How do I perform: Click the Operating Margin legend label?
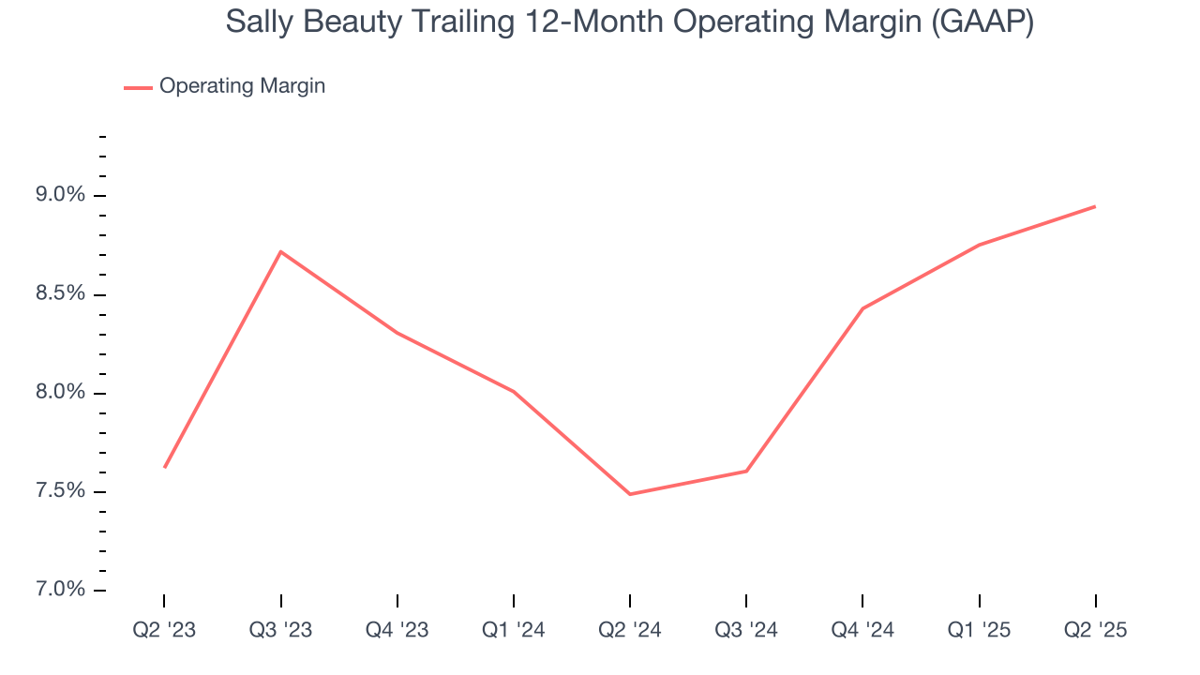tap(242, 86)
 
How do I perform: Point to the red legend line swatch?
tap(138, 87)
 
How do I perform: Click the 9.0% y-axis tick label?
tap(60, 195)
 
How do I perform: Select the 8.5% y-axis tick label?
tap(60, 294)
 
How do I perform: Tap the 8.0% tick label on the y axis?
tap(60, 393)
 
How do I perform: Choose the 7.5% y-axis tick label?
tap(60, 491)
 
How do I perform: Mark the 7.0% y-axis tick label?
tap(60, 590)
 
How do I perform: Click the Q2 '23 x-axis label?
tap(164, 630)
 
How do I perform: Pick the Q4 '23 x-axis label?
tap(397, 630)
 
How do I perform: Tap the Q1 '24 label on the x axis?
tap(514, 630)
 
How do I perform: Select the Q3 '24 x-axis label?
tap(746, 630)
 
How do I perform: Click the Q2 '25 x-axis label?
tap(1096, 630)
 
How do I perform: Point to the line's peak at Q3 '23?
tap(281, 251)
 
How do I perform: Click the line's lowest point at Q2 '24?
tap(630, 494)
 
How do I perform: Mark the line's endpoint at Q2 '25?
tap(1095, 206)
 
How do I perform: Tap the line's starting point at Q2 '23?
tap(164, 467)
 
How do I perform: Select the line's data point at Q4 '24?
tap(862, 308)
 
